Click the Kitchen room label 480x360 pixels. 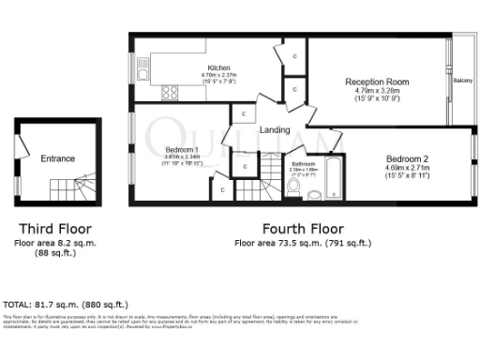[218, 68]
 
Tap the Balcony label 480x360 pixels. [462, 81]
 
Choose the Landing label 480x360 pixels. [275, 129]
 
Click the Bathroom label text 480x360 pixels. [304, 164]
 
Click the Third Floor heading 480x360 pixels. [57, 229]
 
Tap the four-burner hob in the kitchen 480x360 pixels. [172, 92]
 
